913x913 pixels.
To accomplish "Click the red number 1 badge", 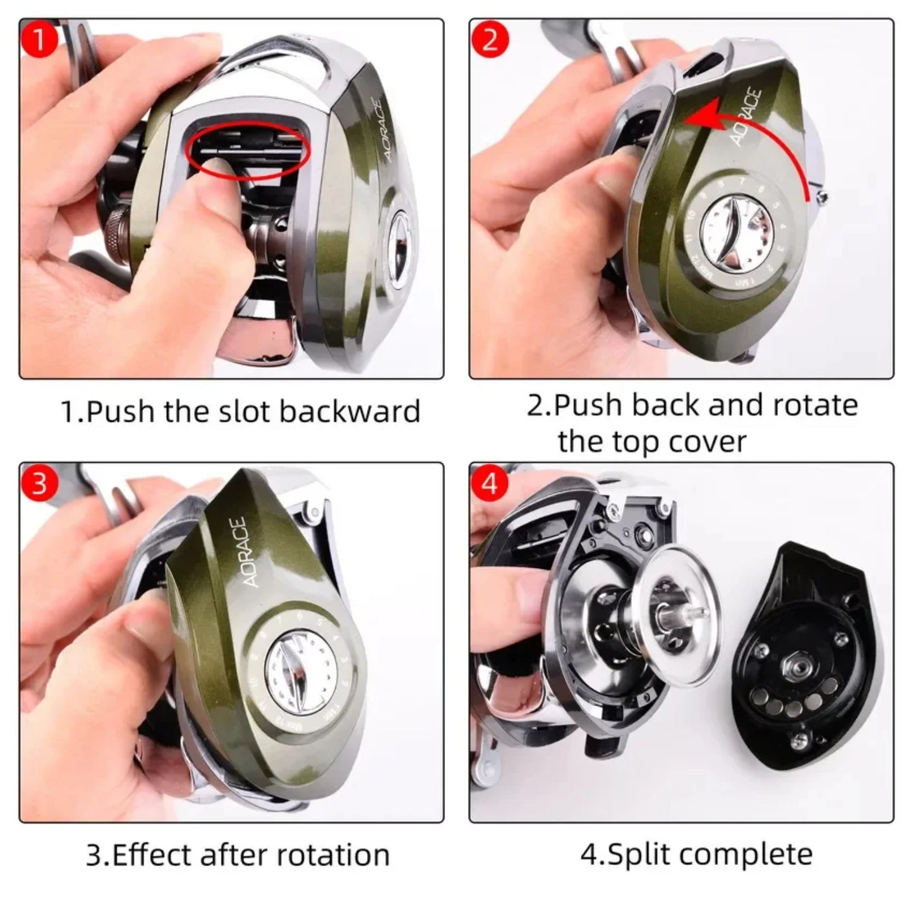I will coord(39,40).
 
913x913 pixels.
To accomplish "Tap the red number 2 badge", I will coord(490,40).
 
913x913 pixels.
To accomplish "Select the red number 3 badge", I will coord(39,483).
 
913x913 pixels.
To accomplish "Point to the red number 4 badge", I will coord(490,483).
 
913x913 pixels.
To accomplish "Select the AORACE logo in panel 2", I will coord(746,117).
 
